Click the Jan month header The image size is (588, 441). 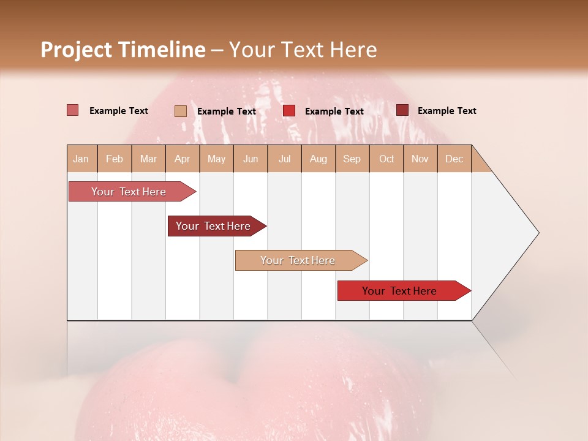[81, 159]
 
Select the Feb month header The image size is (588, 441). [115, 159]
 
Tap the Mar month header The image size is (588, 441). [148, 159]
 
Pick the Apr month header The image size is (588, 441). [183, 159]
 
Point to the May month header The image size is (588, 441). [216, 159]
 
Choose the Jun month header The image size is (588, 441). [251, 159]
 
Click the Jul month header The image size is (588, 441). [284, 159]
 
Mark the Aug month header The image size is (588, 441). [318, 159]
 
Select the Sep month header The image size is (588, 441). [352, 159]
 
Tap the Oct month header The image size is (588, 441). [386, 159]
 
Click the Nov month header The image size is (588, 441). [420, 159]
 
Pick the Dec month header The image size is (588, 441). [454, 159]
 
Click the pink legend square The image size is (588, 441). [73, 110]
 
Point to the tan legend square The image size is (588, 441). [181, 111]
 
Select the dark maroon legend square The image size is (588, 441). [402, 110]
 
